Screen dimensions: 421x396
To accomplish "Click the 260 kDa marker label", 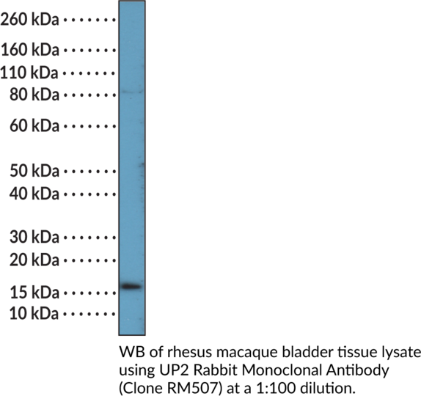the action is (29, 20).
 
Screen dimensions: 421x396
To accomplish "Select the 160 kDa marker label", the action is (30, 50).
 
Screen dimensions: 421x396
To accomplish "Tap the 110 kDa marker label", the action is (29, 73).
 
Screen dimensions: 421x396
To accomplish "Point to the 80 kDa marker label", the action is (34, 95).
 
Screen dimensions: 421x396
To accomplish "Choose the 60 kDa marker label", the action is (34, 126).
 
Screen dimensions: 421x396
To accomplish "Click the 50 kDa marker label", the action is (34, 171).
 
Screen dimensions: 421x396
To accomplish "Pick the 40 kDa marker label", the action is (34, 194).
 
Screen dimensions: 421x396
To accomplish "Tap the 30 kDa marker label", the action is (34, 238).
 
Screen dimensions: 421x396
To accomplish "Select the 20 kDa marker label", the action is (34, 260).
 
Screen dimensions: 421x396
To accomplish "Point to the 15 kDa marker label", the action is (34, 293).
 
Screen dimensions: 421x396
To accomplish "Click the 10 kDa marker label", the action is (34, 313).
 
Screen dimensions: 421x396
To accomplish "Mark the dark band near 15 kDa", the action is (131, 287).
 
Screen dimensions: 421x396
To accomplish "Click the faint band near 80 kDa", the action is (132, 92).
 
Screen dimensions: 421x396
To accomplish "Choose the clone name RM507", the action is (191, 388).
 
